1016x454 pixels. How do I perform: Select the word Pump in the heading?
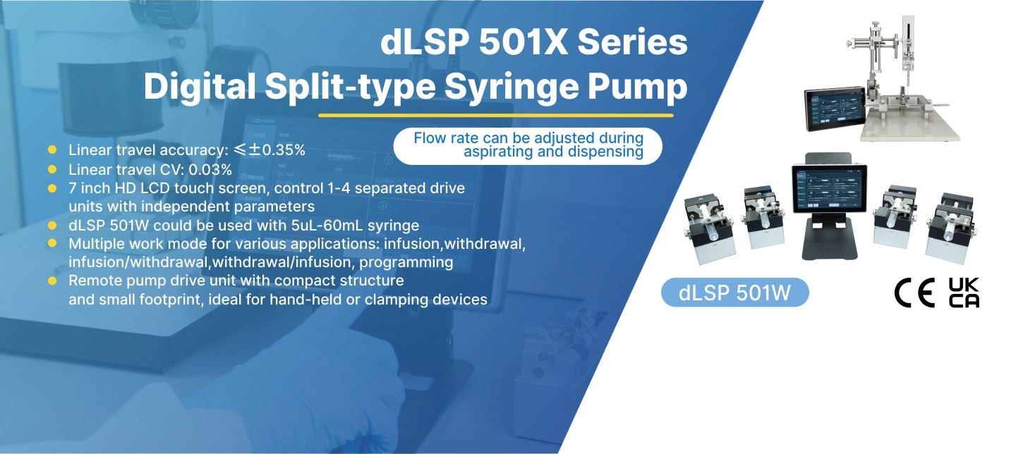pos(637,88)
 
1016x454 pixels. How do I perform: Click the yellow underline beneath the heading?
pos(496,115)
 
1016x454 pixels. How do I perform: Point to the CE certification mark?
pos(914,293)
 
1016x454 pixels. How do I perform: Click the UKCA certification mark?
pos(964,293)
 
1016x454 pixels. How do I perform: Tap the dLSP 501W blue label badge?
pos(734,293)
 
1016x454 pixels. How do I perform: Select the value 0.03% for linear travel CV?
pos(210,169)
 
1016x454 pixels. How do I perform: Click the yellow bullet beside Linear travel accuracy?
pos(52,149)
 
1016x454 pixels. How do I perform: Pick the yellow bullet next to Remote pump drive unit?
pos(52,281)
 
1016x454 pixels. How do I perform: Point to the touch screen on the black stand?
pos(830,189)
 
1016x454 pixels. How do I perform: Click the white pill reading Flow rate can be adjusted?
pos(528,146)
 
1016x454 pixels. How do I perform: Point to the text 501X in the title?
pos(523,42)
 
